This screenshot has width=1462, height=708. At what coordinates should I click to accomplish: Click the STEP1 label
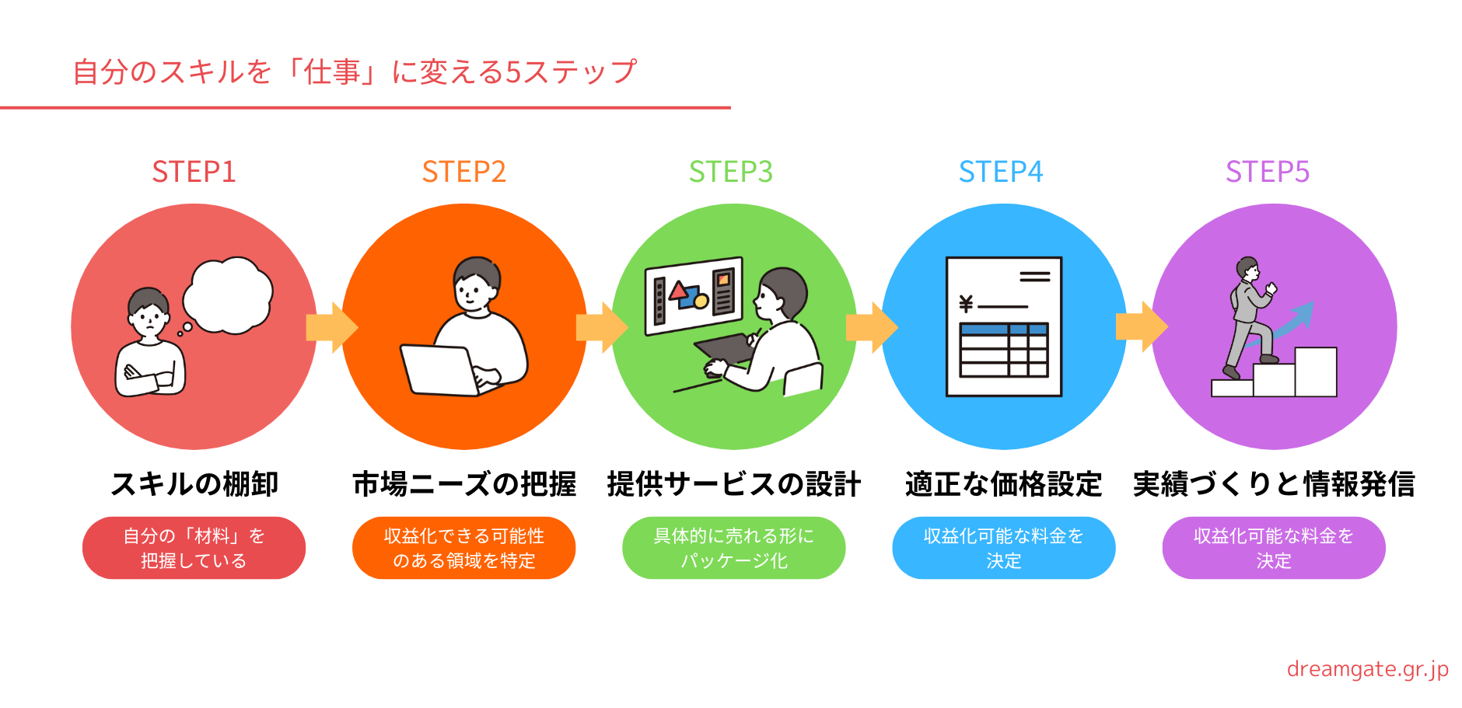194,172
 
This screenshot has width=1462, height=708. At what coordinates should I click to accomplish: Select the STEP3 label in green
731,172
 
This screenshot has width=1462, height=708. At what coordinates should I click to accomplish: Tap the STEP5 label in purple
1268,172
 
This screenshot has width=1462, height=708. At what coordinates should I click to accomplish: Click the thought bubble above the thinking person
229,294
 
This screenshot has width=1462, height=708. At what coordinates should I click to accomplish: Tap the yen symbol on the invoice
966,304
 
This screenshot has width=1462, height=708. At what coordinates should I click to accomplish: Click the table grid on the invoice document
1004,350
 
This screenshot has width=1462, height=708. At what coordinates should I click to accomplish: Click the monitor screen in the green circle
694,296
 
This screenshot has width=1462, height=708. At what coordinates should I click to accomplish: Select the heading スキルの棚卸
194,484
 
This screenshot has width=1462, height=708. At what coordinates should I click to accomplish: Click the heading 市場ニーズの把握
464,484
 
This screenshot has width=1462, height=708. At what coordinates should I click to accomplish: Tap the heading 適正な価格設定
1003,484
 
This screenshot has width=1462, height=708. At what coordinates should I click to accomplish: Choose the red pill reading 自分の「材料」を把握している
194,548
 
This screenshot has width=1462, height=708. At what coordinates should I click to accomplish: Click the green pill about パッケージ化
733,548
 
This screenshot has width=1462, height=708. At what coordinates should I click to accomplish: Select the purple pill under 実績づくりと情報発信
1273,548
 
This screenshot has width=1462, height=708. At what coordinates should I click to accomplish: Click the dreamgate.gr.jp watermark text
1367,669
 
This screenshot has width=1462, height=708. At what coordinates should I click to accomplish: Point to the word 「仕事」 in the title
332,72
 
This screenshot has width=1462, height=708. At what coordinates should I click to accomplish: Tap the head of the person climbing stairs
1247,268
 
